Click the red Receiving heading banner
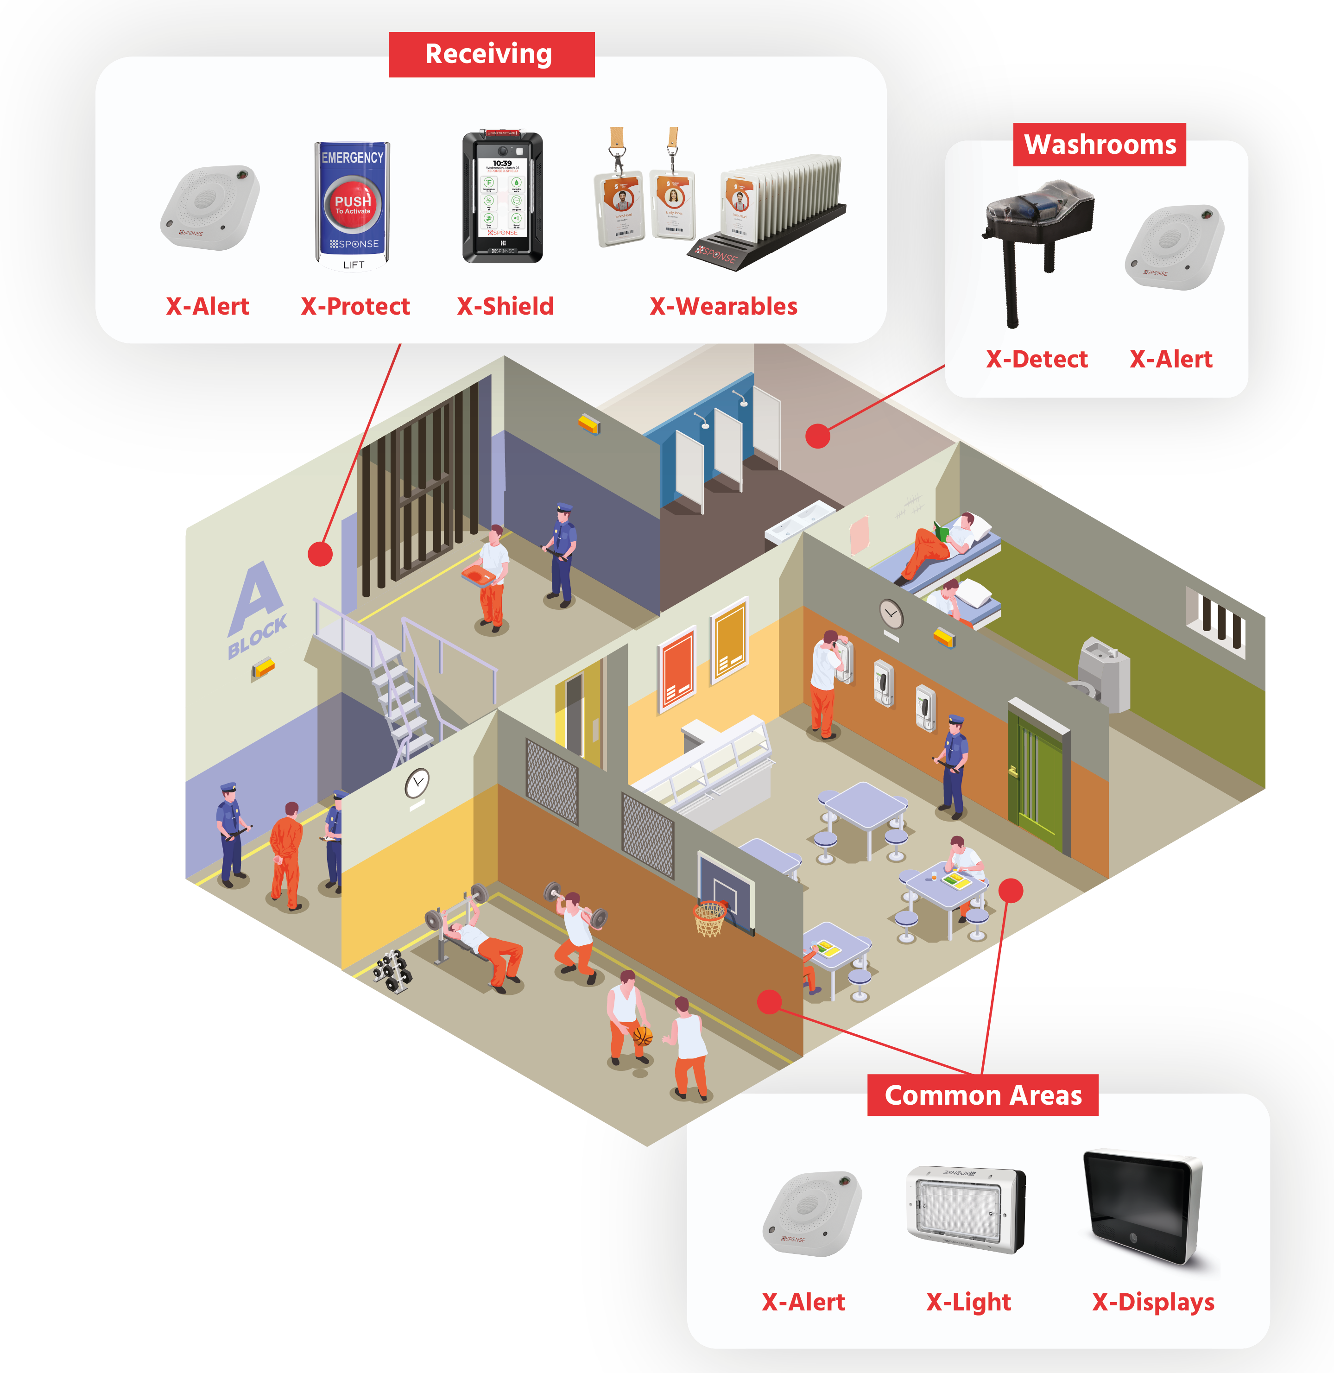(x=491, y=54)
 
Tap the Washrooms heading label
(x=1099, y=144)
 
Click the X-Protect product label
(x=355, y=306)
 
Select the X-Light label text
(x=968, y=1302)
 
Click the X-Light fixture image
(x=966, y=1208)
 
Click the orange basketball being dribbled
(x=642, y=1035)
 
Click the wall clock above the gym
(x=417, y=783)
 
